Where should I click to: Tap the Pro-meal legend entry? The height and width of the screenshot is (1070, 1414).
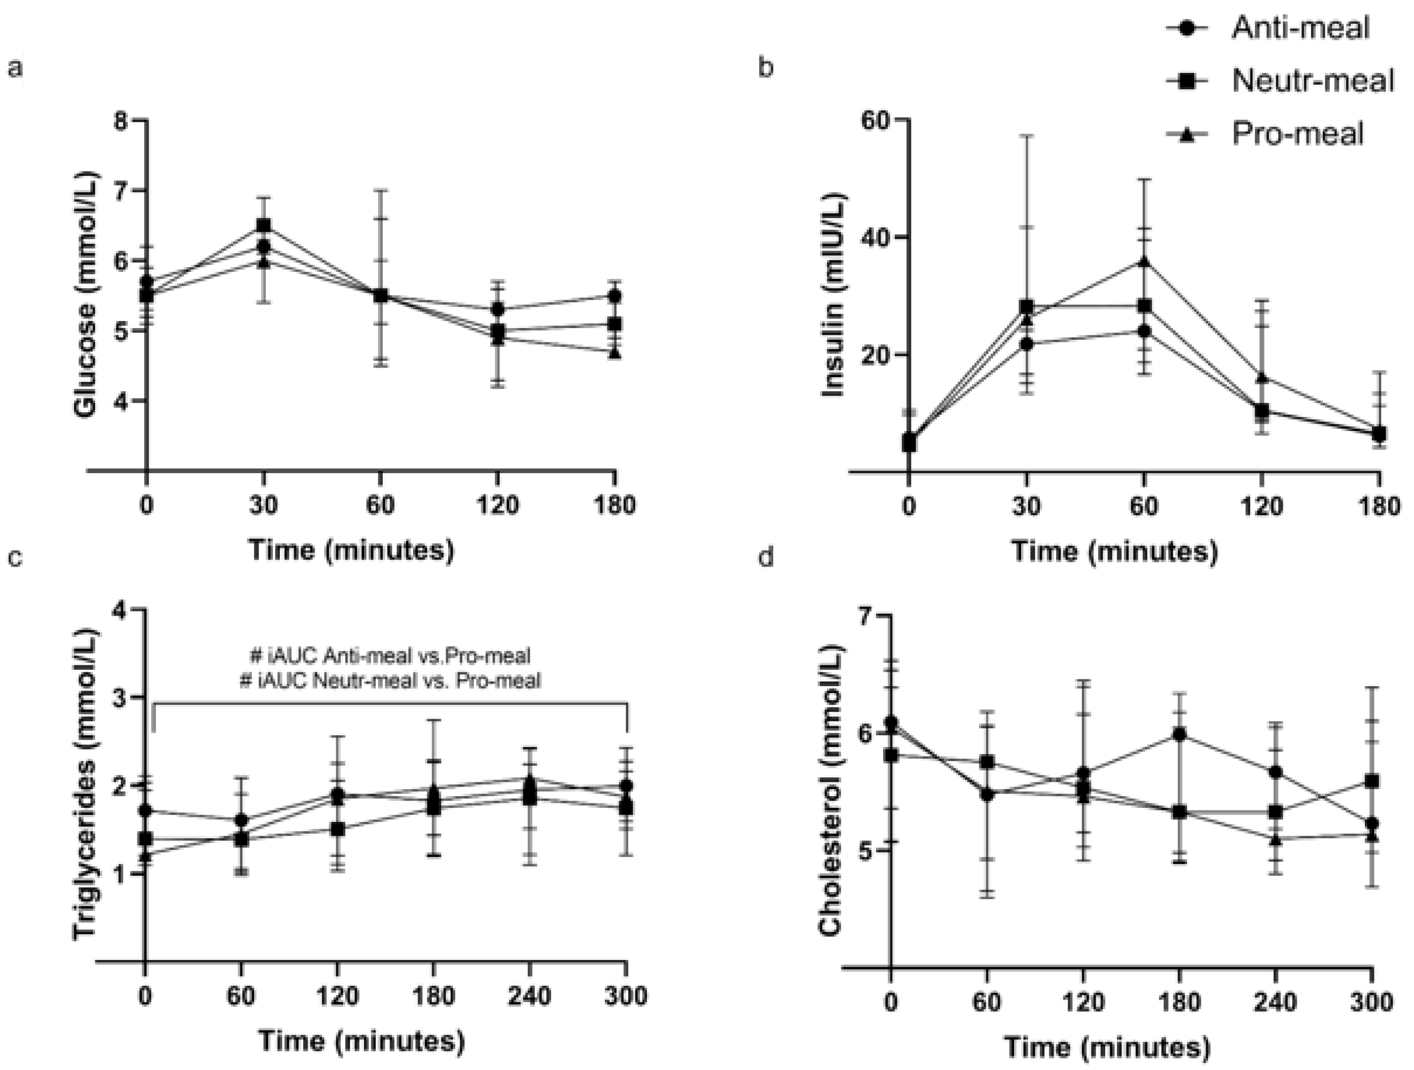point(1298,134)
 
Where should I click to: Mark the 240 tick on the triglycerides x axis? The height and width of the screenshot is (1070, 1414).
point(530,996)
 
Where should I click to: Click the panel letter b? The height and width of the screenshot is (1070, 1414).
point(766,66)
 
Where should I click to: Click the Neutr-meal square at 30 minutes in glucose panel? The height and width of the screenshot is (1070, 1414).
point(263,225)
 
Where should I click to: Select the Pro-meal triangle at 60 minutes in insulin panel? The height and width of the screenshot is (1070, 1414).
point(1144,262)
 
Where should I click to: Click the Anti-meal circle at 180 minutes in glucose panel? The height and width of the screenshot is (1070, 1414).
point(615,296)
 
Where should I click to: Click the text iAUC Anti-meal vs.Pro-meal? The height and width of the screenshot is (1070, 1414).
point(390,656)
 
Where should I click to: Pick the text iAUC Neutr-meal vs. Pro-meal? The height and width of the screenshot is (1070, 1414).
point(390,681)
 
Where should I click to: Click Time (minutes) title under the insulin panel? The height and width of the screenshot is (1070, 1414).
point(1114,551)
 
